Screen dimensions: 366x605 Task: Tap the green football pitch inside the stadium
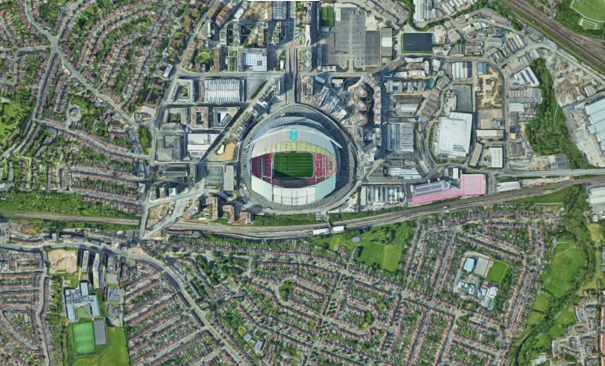(293, 165)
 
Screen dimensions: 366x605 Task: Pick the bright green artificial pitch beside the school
(84, 338)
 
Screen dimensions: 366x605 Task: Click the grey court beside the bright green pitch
(100, 332)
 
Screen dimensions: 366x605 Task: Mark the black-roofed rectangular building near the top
(417, 42)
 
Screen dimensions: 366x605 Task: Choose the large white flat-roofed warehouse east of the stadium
(454, 134)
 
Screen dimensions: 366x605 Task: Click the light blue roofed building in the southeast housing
(469, 265)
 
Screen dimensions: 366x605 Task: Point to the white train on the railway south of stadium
(328, 230)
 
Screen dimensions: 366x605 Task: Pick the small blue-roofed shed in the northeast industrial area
(481, 68)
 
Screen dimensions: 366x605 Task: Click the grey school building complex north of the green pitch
(81, 301)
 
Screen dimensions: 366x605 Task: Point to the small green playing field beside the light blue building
(497, 271)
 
